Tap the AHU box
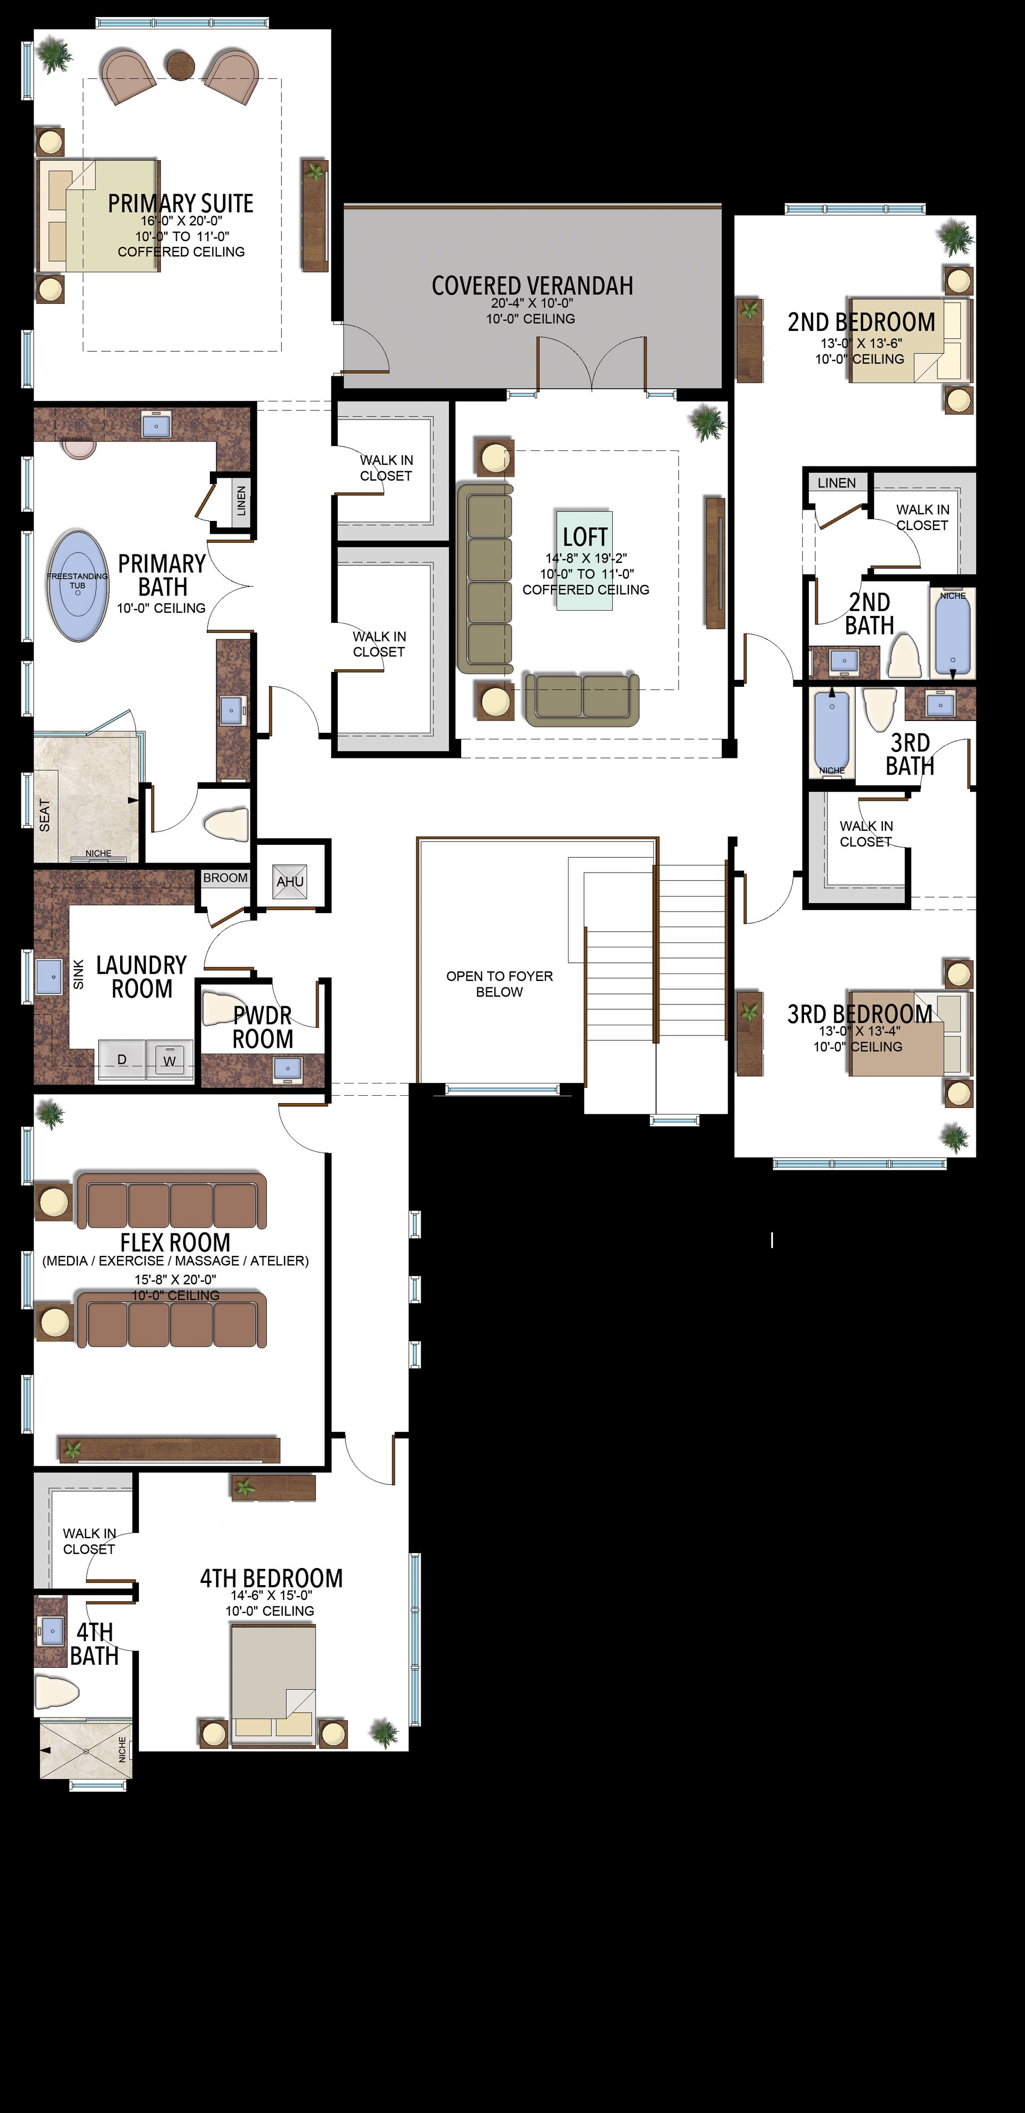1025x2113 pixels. pos(290,882)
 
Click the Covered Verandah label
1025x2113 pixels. pos(533,286)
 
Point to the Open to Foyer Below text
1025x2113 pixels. pos(499,984)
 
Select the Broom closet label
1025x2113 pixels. pos(225,877)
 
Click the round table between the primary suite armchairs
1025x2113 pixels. pos(180,63)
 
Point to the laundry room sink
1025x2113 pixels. pos(49,976)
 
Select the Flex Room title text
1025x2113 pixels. pos(175,1242)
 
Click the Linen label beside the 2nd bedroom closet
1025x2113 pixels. pos(836,483)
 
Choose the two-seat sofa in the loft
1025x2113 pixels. pos(581,699)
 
